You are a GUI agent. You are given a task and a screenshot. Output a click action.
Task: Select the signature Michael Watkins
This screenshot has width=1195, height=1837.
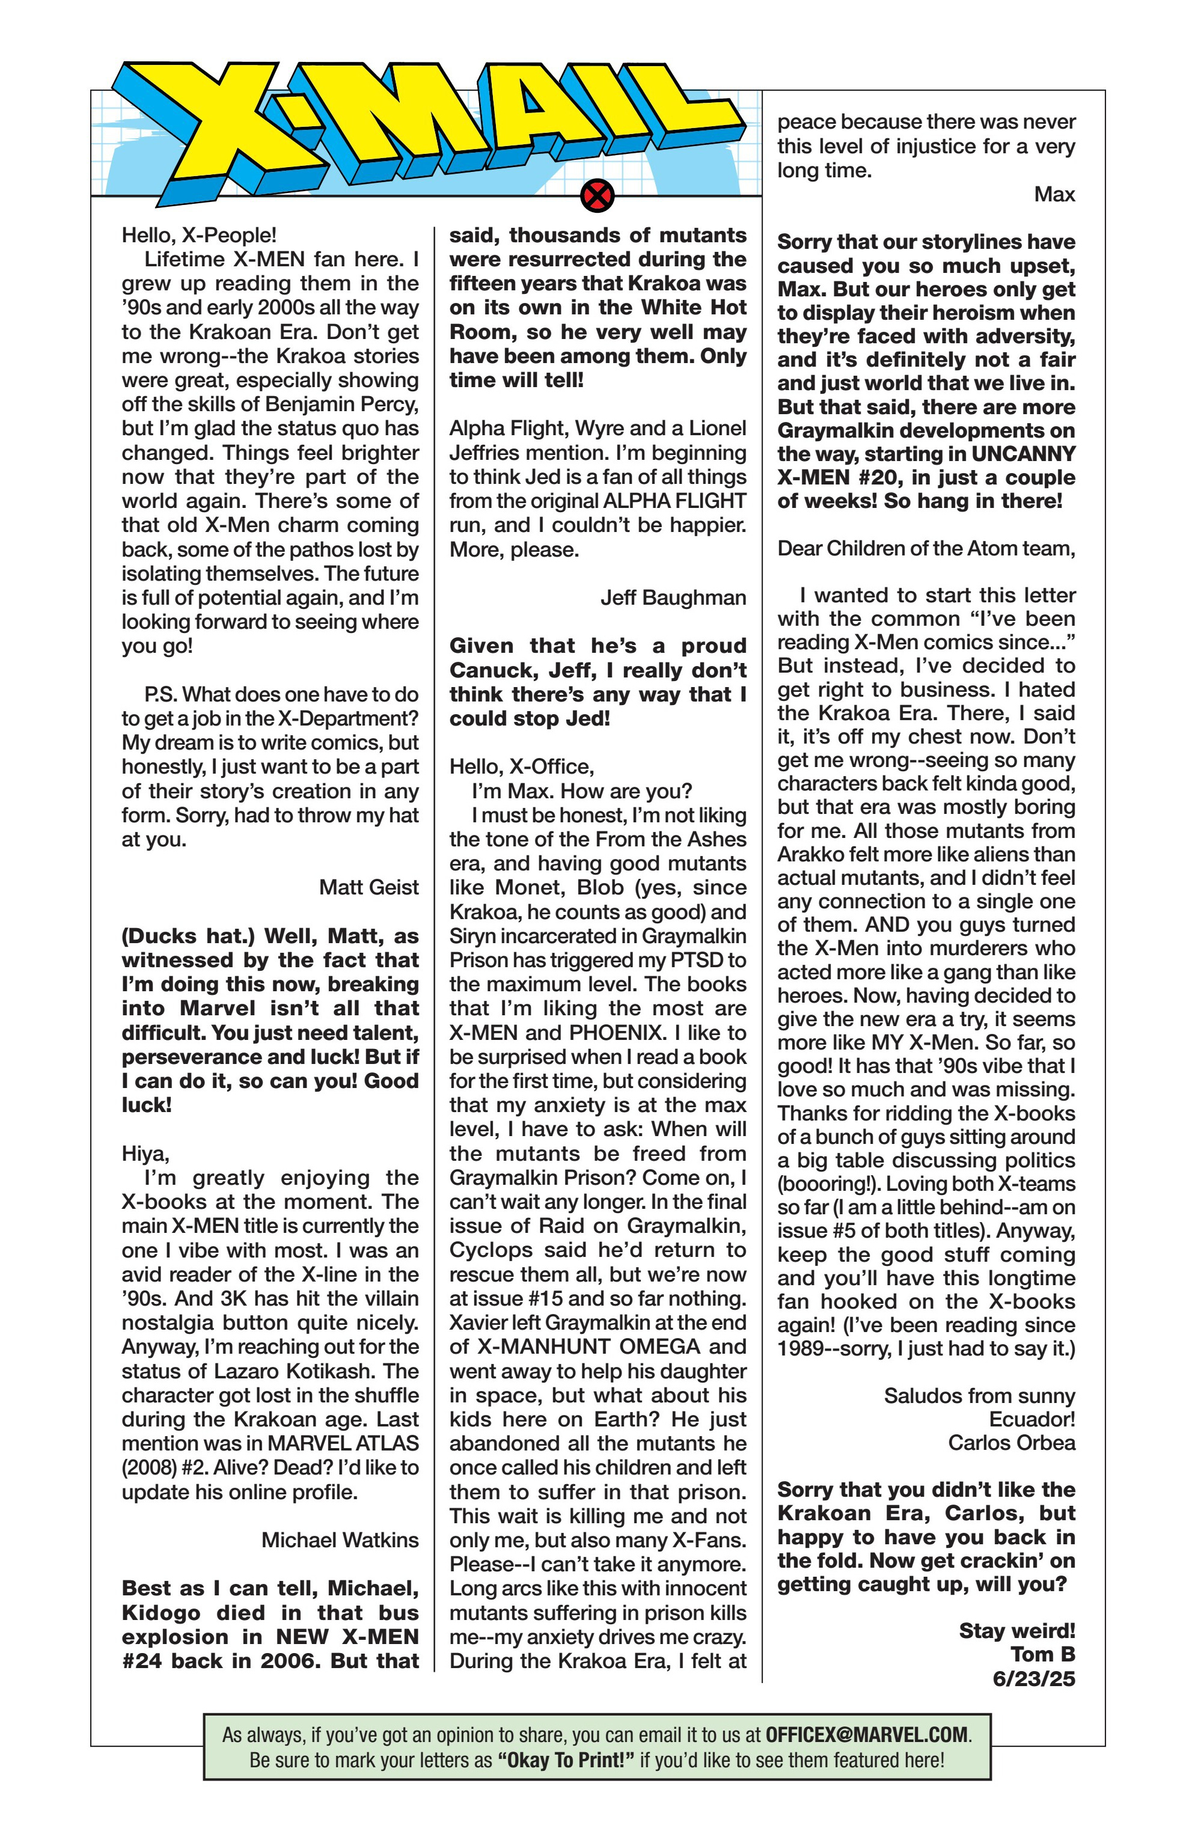pyautogui.click(x=340, y=1540)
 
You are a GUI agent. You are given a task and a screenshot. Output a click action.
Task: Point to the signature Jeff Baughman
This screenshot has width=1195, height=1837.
pyautogui.click(x=673, y=598)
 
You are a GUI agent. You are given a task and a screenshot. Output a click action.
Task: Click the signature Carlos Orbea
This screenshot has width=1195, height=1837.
pyautogui.click(x=1011, y=1443)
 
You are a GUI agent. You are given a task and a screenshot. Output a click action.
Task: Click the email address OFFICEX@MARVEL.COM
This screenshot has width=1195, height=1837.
pyautogui.click(x=866, y=1735)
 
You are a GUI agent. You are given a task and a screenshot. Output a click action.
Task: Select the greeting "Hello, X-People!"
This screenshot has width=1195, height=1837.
pyautogui.click(x=199, y=234)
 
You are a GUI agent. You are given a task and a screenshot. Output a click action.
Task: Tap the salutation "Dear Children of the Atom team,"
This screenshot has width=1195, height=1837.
pyautogui.click(x=926, y=548)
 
